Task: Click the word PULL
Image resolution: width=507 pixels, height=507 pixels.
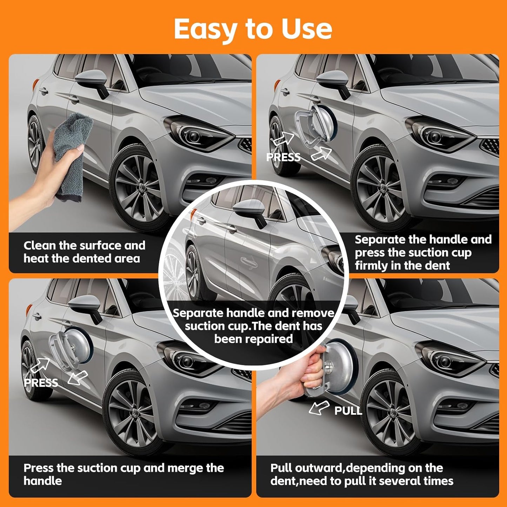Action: pos(348,411)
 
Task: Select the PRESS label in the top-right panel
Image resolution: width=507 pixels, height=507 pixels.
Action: pos(283,157)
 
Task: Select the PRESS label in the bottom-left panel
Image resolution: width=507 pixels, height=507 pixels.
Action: pos(41,382)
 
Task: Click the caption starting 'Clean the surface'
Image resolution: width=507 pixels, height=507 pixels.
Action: pos(84,252)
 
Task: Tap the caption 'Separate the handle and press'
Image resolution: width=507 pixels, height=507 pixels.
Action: pos(423,253)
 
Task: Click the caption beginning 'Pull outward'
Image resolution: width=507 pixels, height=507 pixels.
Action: pos(361,474)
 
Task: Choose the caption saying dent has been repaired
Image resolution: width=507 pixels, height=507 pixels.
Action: pos(253,326)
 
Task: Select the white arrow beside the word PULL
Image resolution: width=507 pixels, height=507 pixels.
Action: pos(319,408)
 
